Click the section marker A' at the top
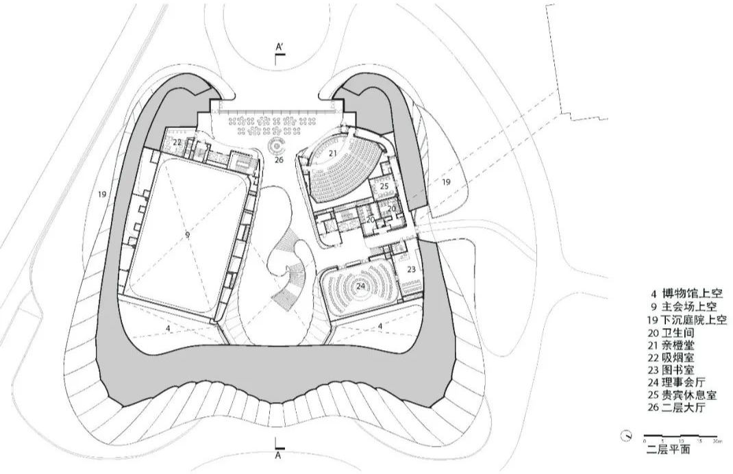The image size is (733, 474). click(279, 47)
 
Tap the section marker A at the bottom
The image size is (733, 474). click(278, 454)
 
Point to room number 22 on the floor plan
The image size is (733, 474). click(177, 142)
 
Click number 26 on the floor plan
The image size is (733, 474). click(278, 160)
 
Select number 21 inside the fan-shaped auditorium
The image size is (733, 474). click(333, 153)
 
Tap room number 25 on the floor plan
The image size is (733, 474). click(384, 186)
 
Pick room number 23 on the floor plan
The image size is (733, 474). click(411, 270)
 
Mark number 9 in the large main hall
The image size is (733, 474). click(187, 234)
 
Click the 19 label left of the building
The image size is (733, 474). click(102, 195)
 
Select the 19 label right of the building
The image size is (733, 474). click(446, 182)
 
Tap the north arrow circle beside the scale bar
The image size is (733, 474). click(626, 436)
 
